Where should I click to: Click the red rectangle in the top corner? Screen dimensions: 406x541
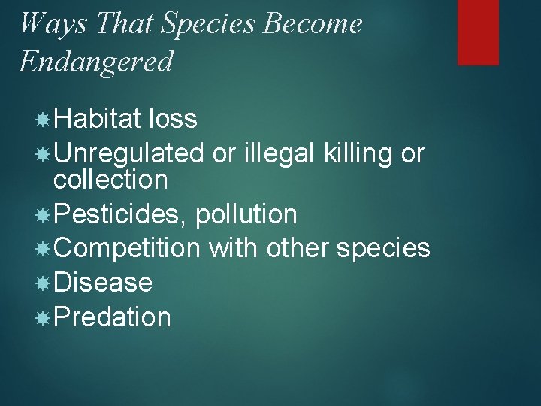coord(478,32)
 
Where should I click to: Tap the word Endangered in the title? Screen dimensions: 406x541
coord(95,61)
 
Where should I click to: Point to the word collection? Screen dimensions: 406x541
coord(110,180)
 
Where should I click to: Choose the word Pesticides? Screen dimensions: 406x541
coord(121,214)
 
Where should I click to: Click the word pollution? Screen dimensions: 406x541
coord(246,214)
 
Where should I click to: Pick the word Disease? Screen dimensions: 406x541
coord(103,283)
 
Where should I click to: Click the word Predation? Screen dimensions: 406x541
coord(113,317)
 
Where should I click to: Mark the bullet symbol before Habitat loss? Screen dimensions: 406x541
coord(44,119)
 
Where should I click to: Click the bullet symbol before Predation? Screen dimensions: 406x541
coord(44,317)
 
